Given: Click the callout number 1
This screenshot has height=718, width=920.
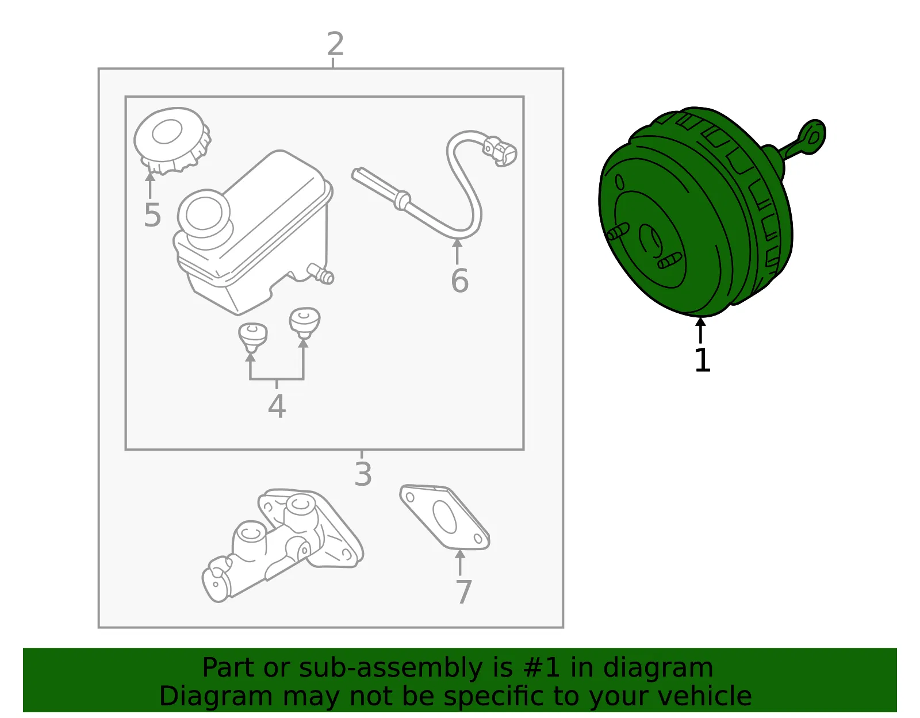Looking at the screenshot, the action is coord(703,360).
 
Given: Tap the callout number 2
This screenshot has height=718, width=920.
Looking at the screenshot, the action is coord(335,44).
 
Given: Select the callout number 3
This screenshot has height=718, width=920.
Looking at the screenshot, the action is coord(363,474).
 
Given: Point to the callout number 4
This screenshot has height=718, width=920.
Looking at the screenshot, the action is coord(277,406).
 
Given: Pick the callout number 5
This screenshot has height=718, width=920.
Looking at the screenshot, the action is coord(152,214).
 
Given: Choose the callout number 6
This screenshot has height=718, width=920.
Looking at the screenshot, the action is coord(460,280).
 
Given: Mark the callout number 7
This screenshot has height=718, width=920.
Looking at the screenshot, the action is coord(463,592).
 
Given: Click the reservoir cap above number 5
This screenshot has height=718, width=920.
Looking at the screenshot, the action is coord(172,141).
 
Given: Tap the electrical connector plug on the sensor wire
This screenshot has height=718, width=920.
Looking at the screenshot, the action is coord(500,151).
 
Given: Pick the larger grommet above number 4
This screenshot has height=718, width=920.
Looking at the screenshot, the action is coord(304,323).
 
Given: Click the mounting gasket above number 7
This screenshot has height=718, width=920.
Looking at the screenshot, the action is coord(444,517).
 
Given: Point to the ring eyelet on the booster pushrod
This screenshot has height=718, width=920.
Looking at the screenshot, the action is coord(812,137).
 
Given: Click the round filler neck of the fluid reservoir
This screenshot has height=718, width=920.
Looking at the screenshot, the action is coord(204,214).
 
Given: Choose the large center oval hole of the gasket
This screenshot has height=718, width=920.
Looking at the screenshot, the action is coord(444,517).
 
